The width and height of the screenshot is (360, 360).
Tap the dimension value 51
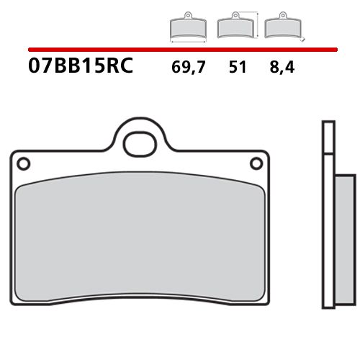tap(237, 68)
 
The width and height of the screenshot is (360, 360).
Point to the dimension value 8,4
tap(283, 68)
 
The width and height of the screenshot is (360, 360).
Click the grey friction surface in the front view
tap(137, 238)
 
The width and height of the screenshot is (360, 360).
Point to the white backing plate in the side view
tap(328, 238)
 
